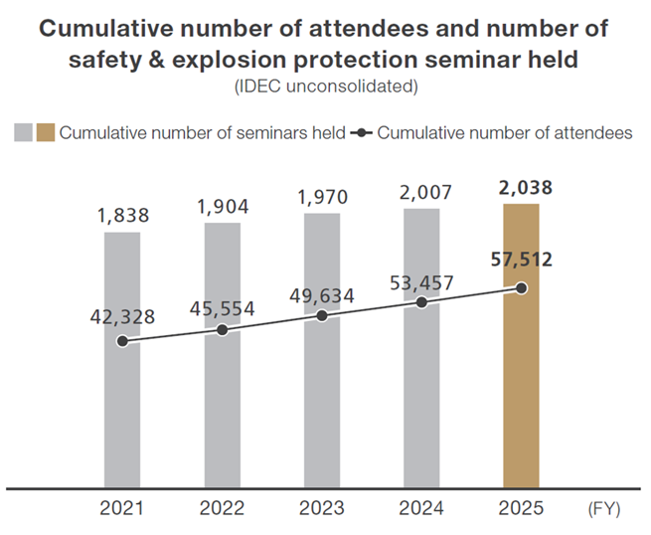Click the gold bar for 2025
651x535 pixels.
[521, 398]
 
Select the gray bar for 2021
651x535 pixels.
[121, 418]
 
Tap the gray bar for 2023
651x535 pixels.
[321, 408]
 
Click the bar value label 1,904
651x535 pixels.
[222, 207]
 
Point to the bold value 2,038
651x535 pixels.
[521, 187]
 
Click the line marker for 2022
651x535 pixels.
[222, 329]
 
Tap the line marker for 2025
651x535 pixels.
[521, 288]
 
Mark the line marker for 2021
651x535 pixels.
[121, 341]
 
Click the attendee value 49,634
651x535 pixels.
[321, 295]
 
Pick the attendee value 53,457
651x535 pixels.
[421, 282]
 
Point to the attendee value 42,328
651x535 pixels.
[121, 318]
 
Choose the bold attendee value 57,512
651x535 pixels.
[521, 261]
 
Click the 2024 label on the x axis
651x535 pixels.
[421, 509]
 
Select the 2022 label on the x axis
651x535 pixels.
[222, 509]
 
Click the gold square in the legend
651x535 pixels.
[46, 133]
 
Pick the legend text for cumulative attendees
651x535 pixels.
[505, 133]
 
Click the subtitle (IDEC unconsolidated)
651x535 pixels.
[325, 88]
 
